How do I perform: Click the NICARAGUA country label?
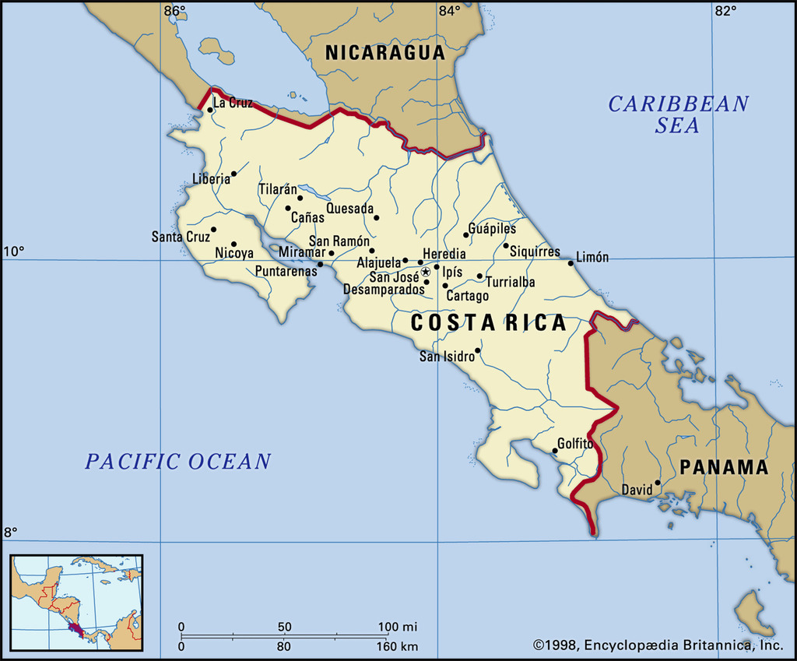click(x=384, y=53)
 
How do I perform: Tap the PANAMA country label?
click(x=724, y=467)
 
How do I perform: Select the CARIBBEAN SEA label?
click(x=678, y=114)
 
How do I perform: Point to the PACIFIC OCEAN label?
click(x=178, y=462)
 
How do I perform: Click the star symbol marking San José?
click(x=426, y=272)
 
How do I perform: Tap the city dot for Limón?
click(x=571, y=263)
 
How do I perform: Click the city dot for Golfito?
click(x=556, y=451)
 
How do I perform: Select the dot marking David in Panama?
click(x=658, y=483)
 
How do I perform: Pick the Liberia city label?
click(x=211, y=179)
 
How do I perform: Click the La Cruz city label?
click(x=233, y=103)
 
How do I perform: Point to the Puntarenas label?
click(x=286, y=272)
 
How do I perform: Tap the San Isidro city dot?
click(x=478, y=350)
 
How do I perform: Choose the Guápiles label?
click(x=492, y=229)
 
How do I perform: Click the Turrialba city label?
click(x=511, y=283)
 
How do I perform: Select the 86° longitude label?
click(x=175, y=11)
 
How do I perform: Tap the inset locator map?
click(x=76, y=603)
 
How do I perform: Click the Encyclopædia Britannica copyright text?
click(x=658, y=645)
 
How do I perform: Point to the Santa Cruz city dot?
click(x=213, y=230)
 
